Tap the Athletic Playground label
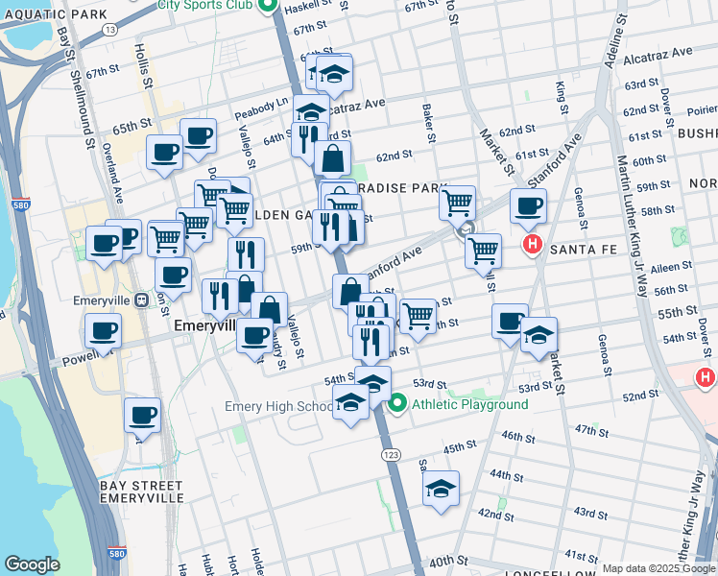[x=470, y=404]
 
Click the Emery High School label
[x=278, y=406]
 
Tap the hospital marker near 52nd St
[x=706, y=378]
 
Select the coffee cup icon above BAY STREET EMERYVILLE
[x=142, y=416]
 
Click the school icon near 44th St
[x=441, y=488]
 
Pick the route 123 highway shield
[x=390, y=453]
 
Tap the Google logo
[x=32, y=564]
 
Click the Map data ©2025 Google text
[x=658, y=568]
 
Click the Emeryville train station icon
[x=141, y=300]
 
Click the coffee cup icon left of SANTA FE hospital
[x=527, y=204]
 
